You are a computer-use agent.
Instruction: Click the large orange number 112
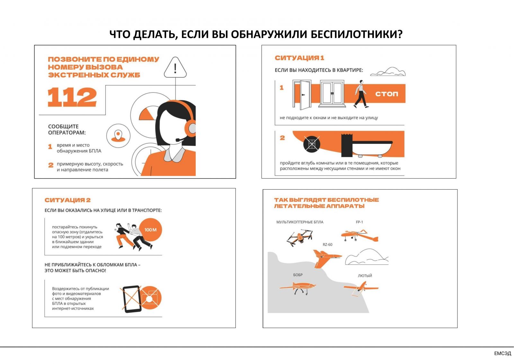click(72, 97)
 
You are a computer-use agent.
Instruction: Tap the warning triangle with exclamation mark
click(175, 67)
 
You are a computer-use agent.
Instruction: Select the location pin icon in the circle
click(118, 136)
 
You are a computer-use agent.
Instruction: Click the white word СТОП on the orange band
click(387, 94)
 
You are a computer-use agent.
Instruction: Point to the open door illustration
click(302, 95)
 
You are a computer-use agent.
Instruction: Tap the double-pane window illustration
click(332, 94)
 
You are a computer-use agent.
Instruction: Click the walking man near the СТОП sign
click(361, 94)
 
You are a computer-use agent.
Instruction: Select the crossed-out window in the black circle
click(312, 144)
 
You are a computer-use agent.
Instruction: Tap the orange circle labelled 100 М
click(150, 230)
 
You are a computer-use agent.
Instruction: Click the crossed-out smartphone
click(132, 299)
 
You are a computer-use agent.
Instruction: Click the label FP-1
click(359, 222)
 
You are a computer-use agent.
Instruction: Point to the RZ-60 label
click(327, 245)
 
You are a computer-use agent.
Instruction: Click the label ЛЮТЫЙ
click(365, 276)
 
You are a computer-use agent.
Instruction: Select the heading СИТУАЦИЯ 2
click(67, 200)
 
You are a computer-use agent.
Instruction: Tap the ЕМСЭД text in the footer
click(502, 353)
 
